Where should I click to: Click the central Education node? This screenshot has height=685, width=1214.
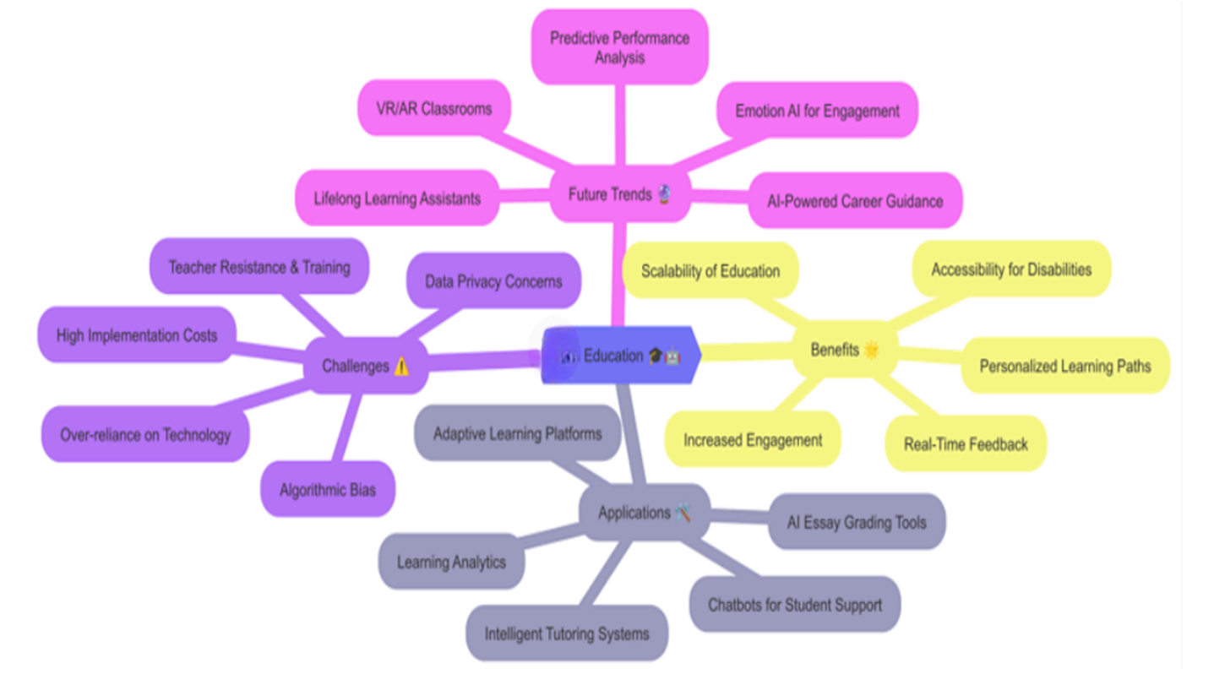621,356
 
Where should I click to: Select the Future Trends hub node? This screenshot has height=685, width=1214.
620,194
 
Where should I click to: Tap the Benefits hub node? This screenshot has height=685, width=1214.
844,350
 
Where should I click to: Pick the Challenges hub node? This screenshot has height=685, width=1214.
365,366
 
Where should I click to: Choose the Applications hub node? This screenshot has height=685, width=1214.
645,512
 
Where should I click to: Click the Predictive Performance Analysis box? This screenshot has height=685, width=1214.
619,47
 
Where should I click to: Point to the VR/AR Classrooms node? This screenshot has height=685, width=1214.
433,108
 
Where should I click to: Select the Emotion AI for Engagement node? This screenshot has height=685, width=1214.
817,111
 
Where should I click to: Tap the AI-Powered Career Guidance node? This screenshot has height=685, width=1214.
855,201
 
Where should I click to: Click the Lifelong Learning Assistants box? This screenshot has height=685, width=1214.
397,198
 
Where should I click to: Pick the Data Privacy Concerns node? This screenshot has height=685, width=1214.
493,280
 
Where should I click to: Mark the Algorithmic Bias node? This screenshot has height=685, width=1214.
328,489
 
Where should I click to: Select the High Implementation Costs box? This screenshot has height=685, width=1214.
137,335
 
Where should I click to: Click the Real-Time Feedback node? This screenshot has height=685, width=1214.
966,443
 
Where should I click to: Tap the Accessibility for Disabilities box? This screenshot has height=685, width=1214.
1011,269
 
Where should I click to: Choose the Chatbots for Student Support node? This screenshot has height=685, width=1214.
795,604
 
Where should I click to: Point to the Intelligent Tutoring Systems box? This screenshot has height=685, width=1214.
567,633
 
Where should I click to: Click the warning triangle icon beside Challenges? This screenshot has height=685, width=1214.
401,367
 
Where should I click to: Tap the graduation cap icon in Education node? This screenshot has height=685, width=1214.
656,356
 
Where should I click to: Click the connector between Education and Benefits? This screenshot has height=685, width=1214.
748,352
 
